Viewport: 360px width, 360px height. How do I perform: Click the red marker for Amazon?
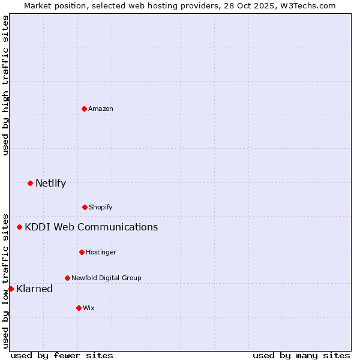[84, 109]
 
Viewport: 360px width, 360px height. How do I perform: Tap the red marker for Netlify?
[30, 183]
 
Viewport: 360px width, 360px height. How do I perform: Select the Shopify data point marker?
[85, 207]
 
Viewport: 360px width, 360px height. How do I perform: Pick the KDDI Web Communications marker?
[20, 227]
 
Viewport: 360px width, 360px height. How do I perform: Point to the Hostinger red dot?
[82, 252]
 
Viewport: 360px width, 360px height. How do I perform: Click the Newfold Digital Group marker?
[67, 278]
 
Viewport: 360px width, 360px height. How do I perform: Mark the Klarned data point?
[11, 289]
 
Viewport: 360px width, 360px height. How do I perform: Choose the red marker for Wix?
[79, 308]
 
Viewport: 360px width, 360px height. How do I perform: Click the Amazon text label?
[101, 109]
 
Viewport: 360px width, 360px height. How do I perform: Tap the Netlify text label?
[50, 183]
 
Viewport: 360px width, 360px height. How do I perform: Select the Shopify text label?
[101, 207]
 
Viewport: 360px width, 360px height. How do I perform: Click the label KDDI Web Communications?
[91, 227]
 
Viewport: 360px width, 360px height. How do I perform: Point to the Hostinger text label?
[101, 252]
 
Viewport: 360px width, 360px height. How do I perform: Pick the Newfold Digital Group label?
[106, 278]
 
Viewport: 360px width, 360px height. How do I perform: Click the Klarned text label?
[34, 289]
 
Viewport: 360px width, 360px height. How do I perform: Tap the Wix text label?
[89, 308]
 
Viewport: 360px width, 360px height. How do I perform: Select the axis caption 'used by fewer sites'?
[62, 355]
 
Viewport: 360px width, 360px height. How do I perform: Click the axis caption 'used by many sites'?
[301, 355]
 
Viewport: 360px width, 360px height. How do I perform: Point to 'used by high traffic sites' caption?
[5, 85]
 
